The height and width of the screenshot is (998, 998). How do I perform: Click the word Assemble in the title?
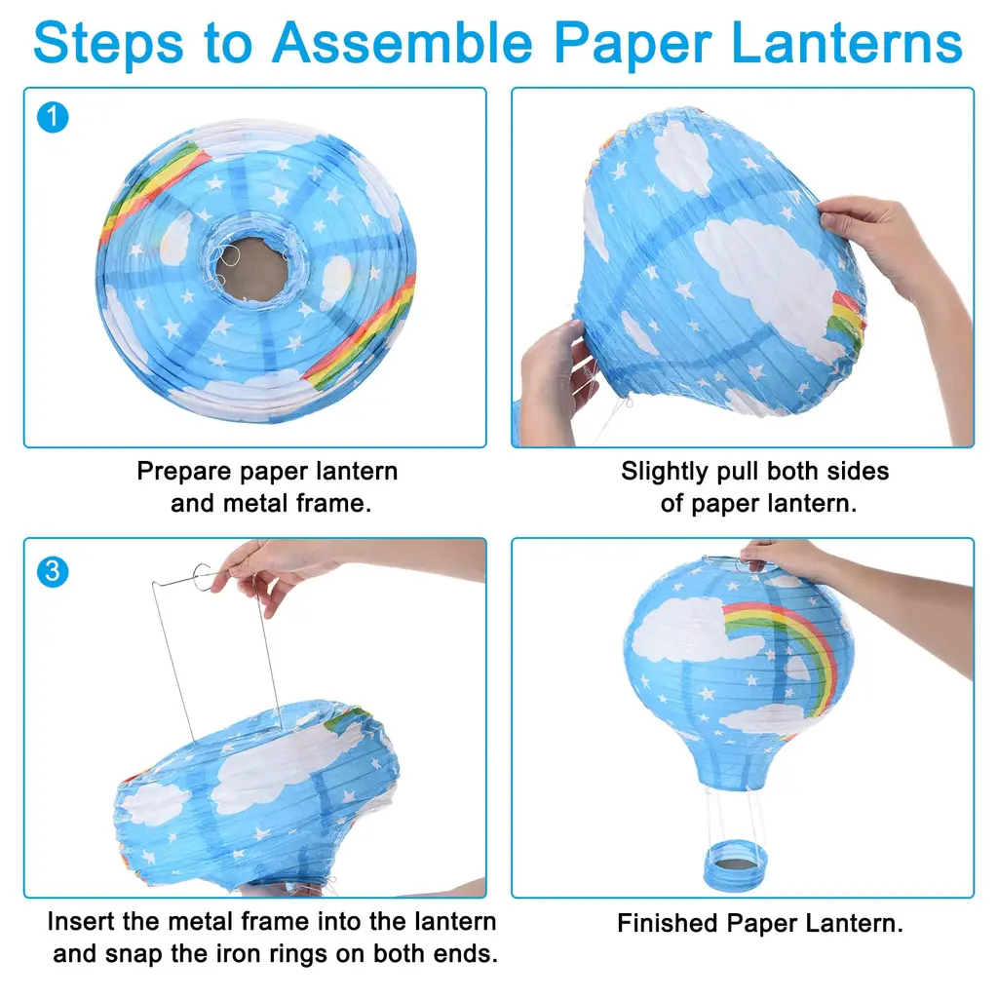[x=403, y=43]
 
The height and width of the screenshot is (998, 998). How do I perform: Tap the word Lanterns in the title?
[x=847, y=43]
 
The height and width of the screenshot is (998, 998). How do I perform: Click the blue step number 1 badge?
[x=53, y=117]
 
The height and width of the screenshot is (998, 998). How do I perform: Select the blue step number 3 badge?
[x=53, y=571]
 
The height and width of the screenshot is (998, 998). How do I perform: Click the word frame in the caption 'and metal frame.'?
[x=334, y=504]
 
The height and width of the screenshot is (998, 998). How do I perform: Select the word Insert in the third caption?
[x=81, y=922]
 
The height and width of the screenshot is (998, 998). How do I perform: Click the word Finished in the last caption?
[x=668, y=923]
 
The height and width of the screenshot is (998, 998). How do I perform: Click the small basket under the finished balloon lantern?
[x=736, y=865]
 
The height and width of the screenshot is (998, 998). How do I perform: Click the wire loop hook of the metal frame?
[x=203, y=577]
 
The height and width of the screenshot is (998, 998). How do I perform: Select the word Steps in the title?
[x=108, y=43]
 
